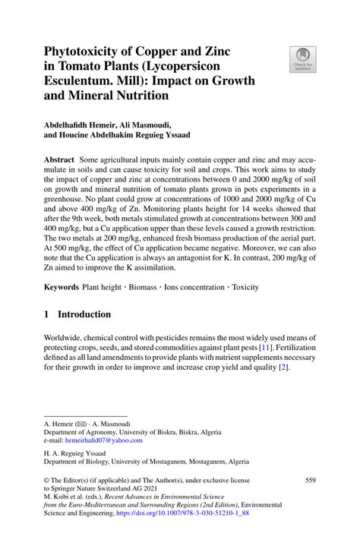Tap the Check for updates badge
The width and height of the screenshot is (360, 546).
[x=302, y=59]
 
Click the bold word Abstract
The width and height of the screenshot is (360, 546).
[x=59, y=161]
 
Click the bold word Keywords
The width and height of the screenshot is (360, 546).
[x=62, y=287]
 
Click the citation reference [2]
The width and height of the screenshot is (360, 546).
[x=283, y=368]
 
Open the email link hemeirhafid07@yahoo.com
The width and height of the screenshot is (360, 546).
[x=104, y=440]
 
